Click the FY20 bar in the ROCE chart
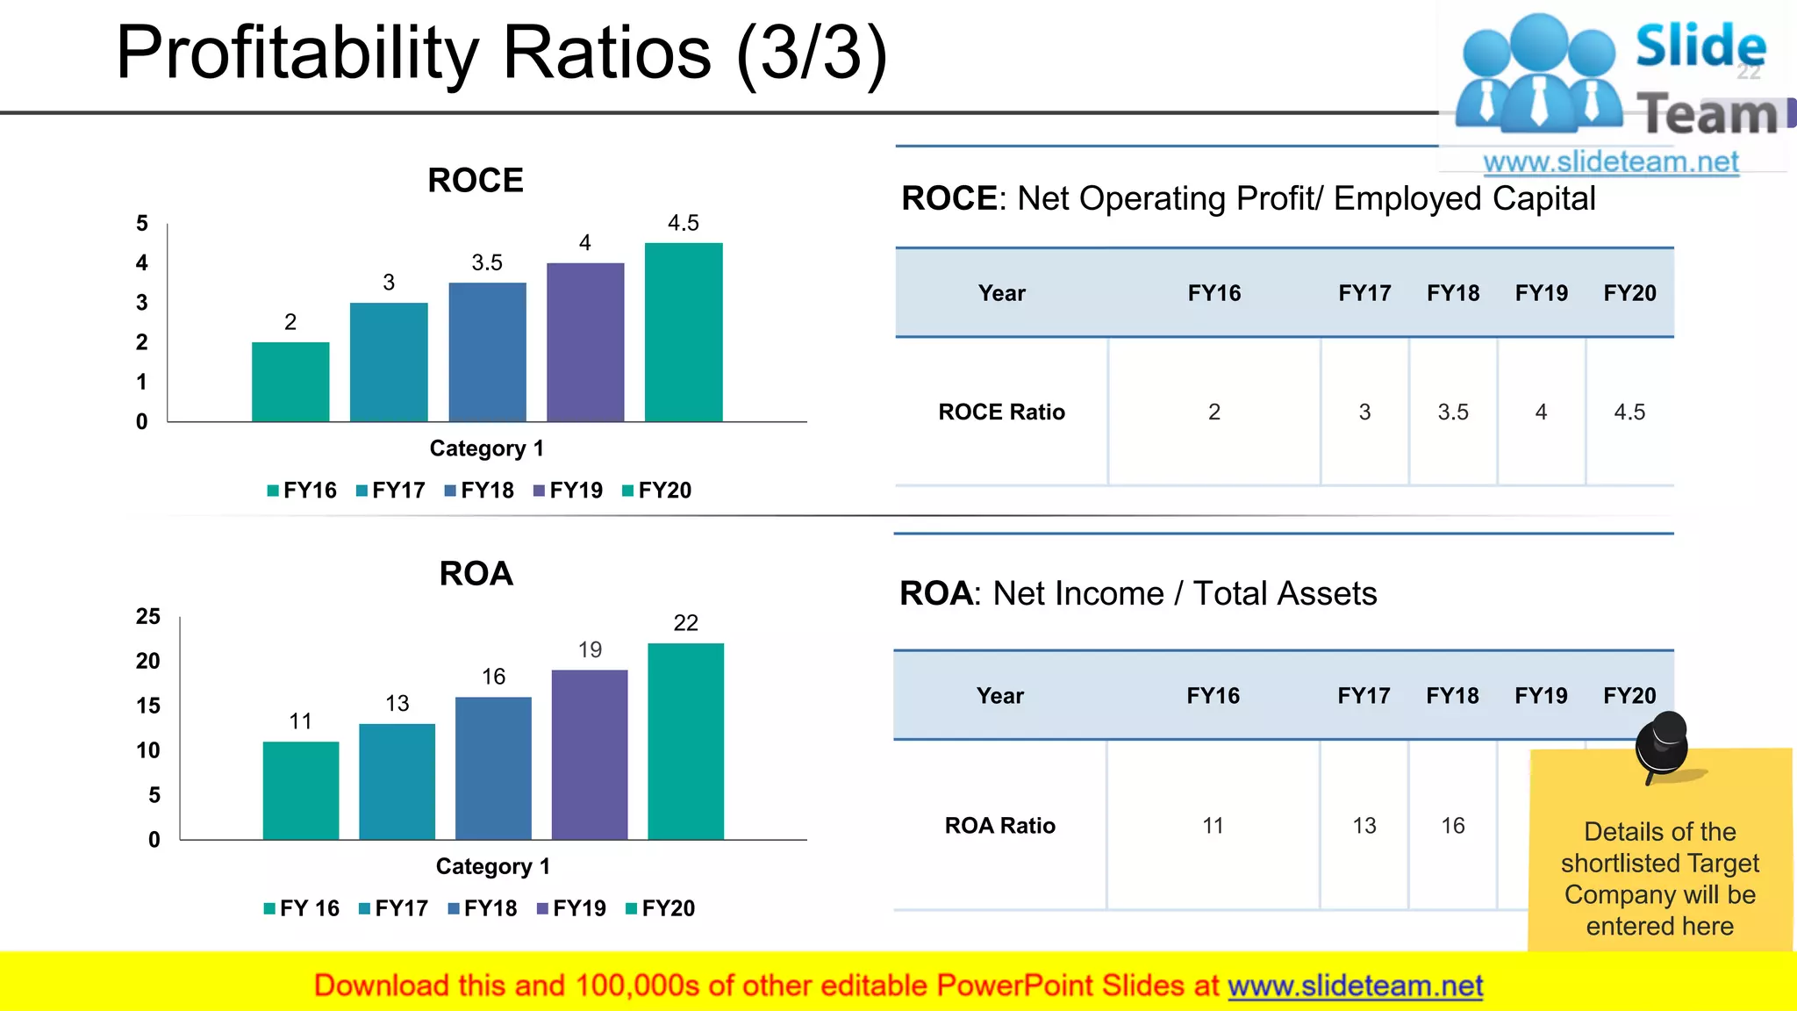684,333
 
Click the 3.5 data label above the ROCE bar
487,262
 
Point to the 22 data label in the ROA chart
685,623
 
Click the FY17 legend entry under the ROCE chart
390,491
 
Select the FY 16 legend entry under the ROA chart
301,908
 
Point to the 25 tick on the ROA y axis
148,616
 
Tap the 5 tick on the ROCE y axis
142,224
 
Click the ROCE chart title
475,181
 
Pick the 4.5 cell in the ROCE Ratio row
1629,412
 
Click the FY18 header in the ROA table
1452,696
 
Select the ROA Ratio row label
999,826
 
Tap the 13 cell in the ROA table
1364,826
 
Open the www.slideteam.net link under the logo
1611,162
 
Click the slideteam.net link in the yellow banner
1355,986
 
